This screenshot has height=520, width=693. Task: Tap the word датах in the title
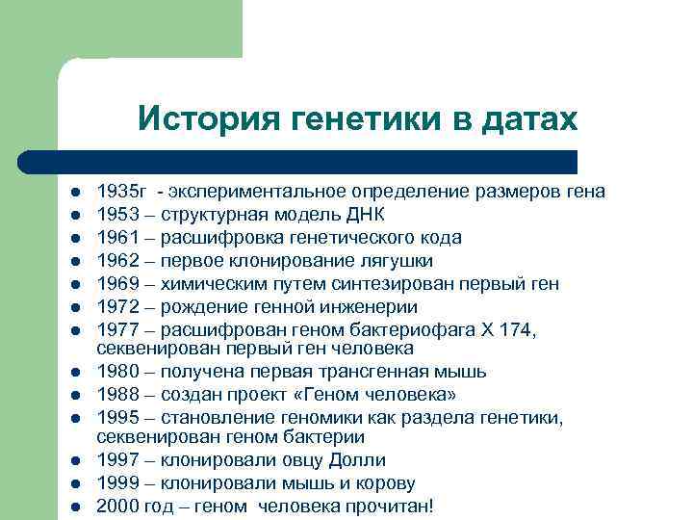528,119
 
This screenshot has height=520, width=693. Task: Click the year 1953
115,214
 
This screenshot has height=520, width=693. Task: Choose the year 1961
115,237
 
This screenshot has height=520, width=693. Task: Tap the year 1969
115,283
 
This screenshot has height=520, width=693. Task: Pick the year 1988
115,394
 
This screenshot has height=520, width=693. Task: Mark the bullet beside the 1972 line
73,307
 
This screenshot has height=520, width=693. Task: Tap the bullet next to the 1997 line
73,460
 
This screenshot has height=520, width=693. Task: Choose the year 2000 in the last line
115,506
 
